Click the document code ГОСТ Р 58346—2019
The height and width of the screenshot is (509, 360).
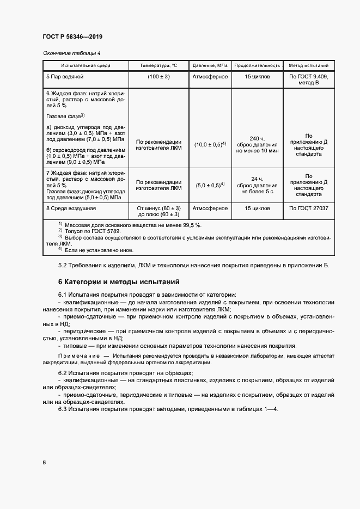pyautogui.click(x=72, y=37)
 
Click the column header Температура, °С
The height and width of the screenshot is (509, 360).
pyautogui.click(x=158, y=65)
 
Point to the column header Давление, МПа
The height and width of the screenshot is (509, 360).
pyautogui.click(x=210, y=65)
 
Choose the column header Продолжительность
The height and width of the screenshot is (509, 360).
pyautogui.click(x=257, y=65)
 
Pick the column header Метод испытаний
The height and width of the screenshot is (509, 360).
pyautogui.click(x=309, y=65)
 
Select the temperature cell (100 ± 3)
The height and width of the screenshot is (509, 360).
pyautogui.click(x=158, y=77)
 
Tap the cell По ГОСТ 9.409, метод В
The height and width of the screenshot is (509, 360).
pyautogui.click(x=309, y=81)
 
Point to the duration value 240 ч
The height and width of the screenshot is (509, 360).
pyautogui.click(x=257, y=138)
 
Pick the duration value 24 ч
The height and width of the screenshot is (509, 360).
pyautogui.click(x=257, y=179)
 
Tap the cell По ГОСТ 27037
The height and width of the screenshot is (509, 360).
pyautogui.click(x=309, y=208)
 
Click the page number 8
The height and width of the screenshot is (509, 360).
pyautogui.click(x=44, y=462)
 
